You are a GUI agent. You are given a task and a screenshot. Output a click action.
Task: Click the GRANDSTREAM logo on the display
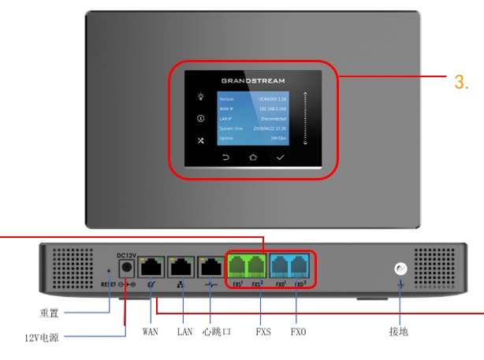[252, 80]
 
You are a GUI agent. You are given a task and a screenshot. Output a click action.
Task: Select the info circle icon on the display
[201, 120]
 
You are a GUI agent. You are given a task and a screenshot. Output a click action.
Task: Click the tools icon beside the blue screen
[201, 140]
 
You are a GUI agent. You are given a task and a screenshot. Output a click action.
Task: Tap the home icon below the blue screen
[252, 157]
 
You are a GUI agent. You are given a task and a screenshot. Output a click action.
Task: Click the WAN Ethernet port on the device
[150, 267]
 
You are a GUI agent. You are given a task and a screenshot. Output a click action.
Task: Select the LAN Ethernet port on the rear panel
[181, 267]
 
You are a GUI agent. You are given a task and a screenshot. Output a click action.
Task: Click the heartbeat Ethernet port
[211, 267]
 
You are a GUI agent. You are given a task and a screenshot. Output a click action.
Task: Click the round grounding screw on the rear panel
[400, 269]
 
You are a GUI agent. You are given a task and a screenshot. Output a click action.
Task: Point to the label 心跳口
[216, 332]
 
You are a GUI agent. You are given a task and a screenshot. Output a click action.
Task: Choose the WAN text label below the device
[150, 332]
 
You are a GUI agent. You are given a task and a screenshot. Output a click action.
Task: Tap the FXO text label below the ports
[298, 332]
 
